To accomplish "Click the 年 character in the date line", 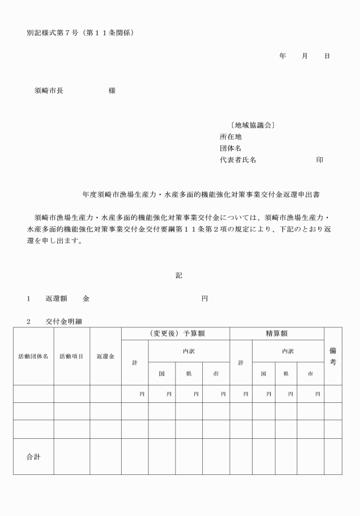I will [x=282, y=56].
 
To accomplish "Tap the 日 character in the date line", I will [x=327, y=56].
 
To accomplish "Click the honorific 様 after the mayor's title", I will [x=112, y=90].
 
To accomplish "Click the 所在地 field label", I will [x=231, y=137].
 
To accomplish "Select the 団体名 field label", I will [x=231, y=148].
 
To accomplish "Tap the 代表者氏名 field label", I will [x=238, y=160].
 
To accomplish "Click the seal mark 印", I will [x=320, y=160].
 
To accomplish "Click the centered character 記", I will [x=179, y=275].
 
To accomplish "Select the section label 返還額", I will [x=57, y=299].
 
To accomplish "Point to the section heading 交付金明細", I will [x=64, y=322].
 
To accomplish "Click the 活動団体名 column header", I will [x=33, y=357].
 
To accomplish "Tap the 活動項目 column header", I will [x=71, y=357].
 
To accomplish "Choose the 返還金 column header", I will [x=106, y=357].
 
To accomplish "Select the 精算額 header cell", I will [x=277, y=333].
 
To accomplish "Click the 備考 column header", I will [x=333, y=356].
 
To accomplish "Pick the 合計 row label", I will [x=33, y=457].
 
